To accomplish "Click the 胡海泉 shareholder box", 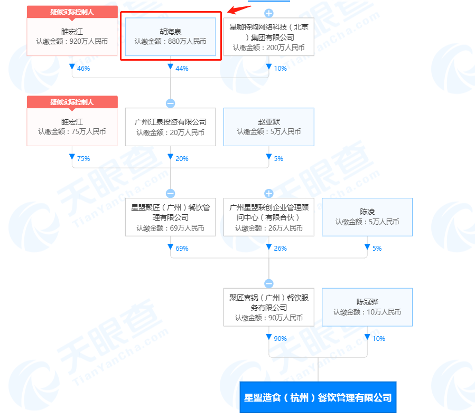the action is click(x=170, y=36).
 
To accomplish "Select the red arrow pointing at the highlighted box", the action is click(x=239, y=9).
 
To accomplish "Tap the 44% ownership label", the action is click(x=182, y=69).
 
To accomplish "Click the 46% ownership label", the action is click(x=83, y=69).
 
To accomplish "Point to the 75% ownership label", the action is click(x=83, y=158).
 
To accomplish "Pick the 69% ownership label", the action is click(x=182, y=249).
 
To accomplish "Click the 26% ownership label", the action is click(x=280, y=249).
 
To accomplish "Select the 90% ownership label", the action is click(x=280, y=339).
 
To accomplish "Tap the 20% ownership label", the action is click(x=182, y=158).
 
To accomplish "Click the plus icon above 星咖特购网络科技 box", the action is click(x=269, y=13).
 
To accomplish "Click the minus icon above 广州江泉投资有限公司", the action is click(x=170, y=103).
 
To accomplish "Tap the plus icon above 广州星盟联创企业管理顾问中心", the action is click(x=269, y=193).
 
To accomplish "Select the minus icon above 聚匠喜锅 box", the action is click(x=269, y=283).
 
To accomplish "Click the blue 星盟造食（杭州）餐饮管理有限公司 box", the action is click(x=318, y=397).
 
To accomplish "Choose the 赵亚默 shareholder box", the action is click(x=269, y=127).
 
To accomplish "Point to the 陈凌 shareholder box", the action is click(x=367, y=217).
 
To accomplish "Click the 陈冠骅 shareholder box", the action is click(x=367, y=307).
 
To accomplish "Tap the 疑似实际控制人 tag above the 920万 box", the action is click(x=72, y=12).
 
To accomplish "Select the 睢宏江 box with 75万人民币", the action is click(x=72, y=127).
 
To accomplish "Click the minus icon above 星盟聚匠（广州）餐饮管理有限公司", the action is click(x=170, y=193).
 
